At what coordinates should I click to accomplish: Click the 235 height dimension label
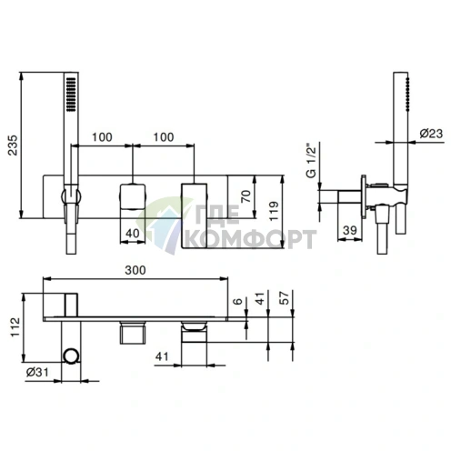13,145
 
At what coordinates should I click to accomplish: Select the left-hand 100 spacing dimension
102,137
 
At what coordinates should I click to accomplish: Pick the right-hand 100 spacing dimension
164,137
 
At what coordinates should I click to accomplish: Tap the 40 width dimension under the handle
133,233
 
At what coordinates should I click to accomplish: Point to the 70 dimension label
246,196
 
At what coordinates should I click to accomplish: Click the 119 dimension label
274,211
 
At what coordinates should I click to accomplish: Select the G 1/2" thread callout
311,159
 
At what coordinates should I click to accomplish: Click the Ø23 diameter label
431,134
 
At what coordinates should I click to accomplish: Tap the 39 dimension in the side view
350,230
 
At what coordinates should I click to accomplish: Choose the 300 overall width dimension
135,270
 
